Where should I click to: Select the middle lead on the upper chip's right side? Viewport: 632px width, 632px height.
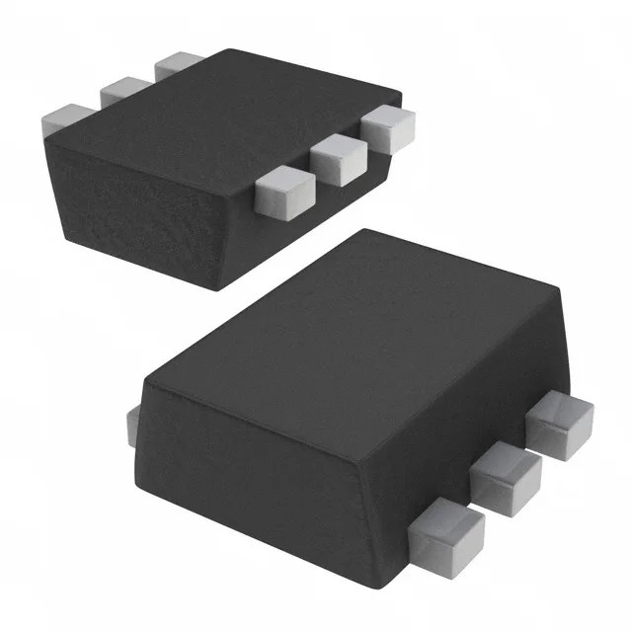coord(337,159)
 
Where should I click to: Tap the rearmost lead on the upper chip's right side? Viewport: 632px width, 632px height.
coord(388,129)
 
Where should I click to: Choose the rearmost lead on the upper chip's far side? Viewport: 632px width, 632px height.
coord(178,64)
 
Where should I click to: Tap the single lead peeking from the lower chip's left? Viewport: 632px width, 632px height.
coord(133,425)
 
